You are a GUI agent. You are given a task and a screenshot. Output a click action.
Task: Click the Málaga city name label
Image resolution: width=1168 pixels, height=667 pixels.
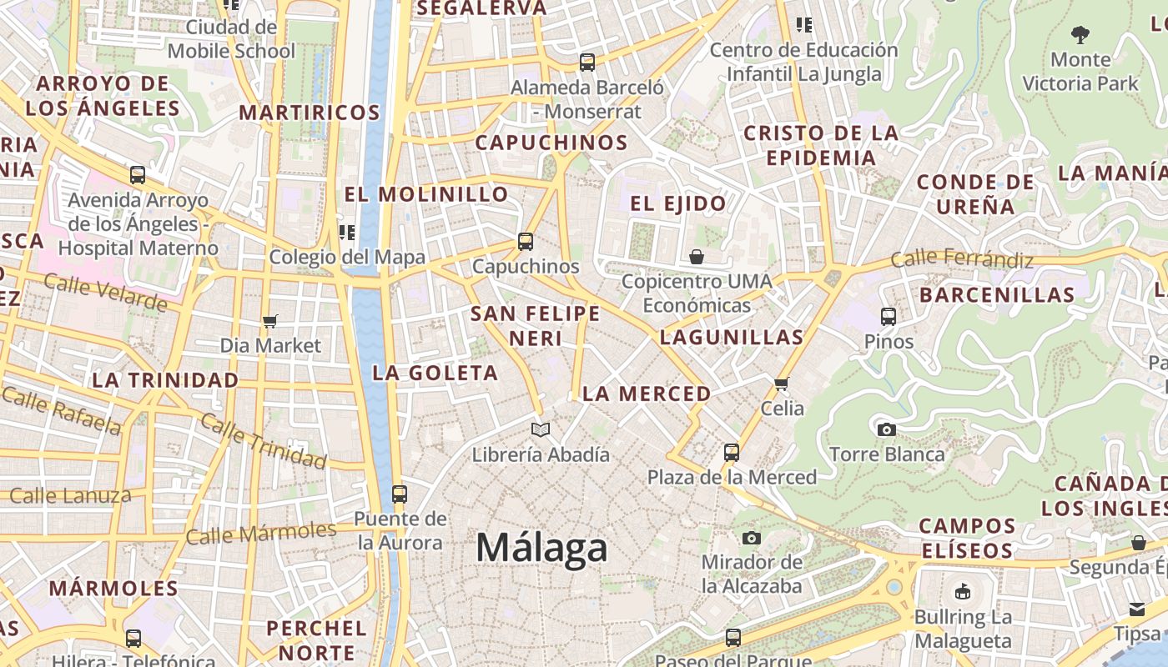point(542,548)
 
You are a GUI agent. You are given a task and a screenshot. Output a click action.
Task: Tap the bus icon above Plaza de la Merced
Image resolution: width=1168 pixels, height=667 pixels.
point(732,453)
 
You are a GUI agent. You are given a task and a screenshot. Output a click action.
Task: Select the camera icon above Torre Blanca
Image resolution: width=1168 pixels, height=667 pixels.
point(887,429)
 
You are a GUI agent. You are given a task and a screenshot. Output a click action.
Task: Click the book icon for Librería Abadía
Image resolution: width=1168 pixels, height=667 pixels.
point(541,429)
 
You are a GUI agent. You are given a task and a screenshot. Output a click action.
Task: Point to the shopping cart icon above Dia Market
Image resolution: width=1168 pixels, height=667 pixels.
point(269,321)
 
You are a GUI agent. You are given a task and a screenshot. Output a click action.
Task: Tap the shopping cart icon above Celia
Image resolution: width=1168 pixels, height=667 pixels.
point(782,384)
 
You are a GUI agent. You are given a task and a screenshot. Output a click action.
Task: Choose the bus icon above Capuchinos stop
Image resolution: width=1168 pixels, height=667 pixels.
point(526,242)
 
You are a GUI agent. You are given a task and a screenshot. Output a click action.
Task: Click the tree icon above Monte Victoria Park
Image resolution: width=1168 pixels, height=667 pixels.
point(1080,35)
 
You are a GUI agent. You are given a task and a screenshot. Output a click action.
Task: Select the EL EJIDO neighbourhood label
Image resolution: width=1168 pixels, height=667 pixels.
point(677,203)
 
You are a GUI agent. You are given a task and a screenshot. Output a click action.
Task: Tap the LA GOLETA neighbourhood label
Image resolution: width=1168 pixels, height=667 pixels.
point(435,373)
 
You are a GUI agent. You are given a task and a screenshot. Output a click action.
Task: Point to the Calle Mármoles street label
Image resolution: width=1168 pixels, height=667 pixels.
point(260,532)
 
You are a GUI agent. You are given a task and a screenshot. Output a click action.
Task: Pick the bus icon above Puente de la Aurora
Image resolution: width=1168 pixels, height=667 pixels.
point(400,494)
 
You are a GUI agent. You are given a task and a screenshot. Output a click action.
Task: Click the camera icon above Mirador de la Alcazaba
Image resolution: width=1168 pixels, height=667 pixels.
point(752,538)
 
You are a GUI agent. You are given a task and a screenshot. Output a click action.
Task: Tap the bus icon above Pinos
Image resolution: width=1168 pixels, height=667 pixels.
point(889,317)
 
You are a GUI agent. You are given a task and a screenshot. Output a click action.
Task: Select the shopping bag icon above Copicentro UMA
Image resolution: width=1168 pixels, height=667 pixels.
point(697,257)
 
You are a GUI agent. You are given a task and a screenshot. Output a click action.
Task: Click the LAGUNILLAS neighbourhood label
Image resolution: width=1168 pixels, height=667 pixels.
point(731,338)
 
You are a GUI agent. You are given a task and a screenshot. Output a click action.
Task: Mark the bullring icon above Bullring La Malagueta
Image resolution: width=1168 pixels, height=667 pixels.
point(963,592)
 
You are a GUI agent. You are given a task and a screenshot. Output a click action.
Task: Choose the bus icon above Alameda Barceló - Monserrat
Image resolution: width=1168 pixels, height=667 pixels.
point(587,62)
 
